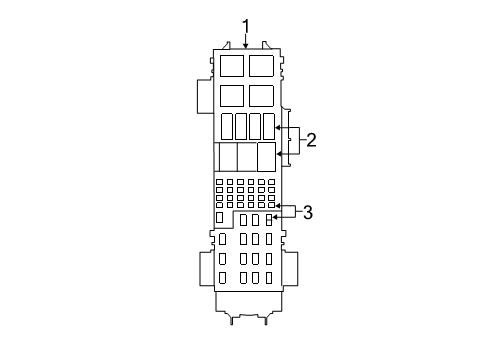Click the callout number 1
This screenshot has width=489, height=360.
pos(245,25)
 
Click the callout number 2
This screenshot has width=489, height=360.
pos(311,140)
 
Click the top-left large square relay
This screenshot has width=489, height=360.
pos(231,67)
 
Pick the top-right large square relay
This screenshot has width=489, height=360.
pos(261,67)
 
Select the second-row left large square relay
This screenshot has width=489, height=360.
pos(231,96)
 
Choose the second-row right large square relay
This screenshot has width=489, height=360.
pos(261,96)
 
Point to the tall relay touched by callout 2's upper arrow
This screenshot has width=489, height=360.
pos(268,127)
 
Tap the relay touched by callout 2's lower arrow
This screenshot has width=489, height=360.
pos(266,156)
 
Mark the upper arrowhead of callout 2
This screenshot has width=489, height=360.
pos(279,128)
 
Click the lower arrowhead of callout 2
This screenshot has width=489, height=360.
pos(279,154)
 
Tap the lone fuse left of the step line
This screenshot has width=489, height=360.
pos(220,217)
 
